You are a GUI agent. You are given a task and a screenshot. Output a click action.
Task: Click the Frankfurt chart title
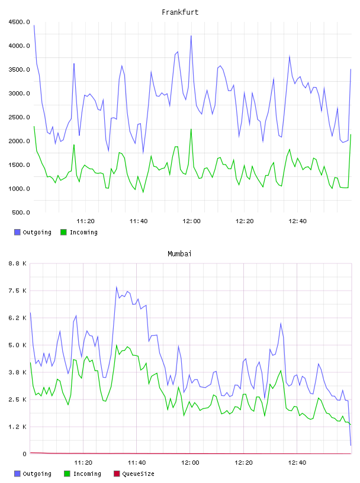point(180,12)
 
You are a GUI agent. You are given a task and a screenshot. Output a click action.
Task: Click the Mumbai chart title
point(179,254)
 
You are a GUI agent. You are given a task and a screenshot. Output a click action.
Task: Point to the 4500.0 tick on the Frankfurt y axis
point(19,22)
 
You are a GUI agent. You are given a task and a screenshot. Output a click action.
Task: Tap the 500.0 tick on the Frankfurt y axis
point(21,212)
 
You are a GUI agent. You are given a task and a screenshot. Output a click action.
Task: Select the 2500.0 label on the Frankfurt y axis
point(19,117)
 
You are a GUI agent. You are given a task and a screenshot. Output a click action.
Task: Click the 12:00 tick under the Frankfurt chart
point(191,221)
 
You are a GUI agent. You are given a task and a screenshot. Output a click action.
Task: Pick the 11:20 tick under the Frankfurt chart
point(85,221)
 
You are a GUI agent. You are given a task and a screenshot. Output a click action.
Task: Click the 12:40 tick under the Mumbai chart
point(297,462)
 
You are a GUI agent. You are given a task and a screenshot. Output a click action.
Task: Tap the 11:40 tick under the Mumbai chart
point(137,462)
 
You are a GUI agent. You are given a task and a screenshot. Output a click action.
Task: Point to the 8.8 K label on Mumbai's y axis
point(18,263)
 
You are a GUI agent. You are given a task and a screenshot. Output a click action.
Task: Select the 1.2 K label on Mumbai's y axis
point(18,427)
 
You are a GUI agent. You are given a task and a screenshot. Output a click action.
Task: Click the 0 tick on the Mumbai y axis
point(25,454)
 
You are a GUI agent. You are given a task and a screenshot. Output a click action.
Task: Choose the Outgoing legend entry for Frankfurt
point(33,232)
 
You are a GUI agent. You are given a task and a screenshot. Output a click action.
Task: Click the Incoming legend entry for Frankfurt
point(79,232)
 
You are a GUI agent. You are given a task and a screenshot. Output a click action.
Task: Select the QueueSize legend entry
point(134,474)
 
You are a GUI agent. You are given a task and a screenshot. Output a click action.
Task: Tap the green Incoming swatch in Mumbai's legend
point(67,474)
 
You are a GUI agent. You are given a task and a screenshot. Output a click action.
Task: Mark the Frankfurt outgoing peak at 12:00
point(191,36)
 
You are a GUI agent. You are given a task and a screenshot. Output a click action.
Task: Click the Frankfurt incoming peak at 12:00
point(191,129)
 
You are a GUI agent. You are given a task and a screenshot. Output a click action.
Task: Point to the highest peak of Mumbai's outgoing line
point(117,286)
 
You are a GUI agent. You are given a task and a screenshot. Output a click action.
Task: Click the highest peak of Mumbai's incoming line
point(117,345)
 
